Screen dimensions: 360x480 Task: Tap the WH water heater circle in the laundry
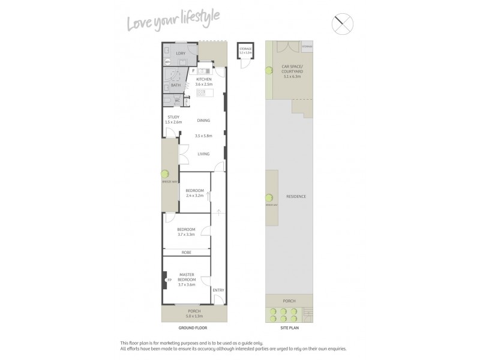[x=168, y=61]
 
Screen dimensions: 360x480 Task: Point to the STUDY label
[x=173, y=117]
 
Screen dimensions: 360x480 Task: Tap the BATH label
[x=175, y=85]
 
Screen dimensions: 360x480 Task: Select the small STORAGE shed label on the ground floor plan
[x=245, y=49]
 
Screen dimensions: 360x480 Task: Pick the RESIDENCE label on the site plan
[x=296, y=196]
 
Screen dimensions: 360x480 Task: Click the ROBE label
[x=186, y=253]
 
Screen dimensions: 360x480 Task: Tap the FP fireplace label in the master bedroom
[x=169, y=280]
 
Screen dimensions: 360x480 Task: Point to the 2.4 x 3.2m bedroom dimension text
[x=195, y=196]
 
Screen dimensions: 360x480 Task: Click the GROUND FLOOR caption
[x=193, y=329]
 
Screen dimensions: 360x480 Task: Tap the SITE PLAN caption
[x=289, y=329]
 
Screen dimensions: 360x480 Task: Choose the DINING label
[x=204, y=121]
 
